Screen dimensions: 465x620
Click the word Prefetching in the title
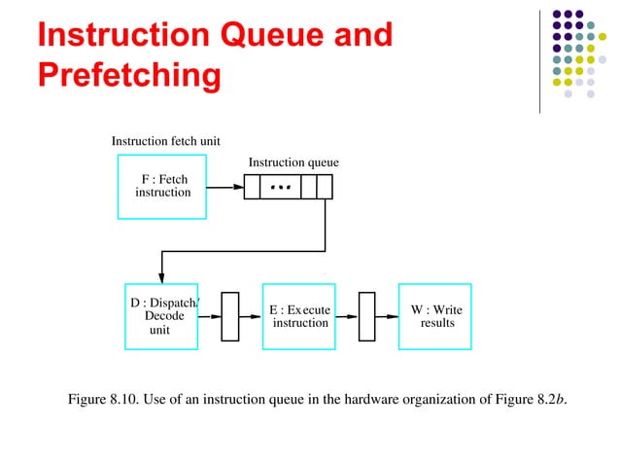(x=127, y=74)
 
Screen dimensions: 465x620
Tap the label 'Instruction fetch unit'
(x=165, y=141)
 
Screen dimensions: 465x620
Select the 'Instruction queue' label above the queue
(x=293, y=161)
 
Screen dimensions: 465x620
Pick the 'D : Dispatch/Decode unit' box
(x=161, y=316)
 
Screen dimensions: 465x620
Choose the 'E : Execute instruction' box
(x=299, y=316)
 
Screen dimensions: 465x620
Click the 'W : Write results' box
(x=435, y=316)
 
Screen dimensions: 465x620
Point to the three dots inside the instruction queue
(x=280, y=185)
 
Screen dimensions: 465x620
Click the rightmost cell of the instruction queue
(x=325, y=186)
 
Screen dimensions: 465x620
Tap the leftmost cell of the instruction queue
(x=252, y=186)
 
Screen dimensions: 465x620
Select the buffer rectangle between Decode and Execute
(x=230, y=316)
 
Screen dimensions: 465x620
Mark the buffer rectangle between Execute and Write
(x=366, y=316)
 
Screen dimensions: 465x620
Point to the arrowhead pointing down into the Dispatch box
(x=161, y=277)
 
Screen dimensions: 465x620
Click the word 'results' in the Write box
(x=436, y=323)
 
